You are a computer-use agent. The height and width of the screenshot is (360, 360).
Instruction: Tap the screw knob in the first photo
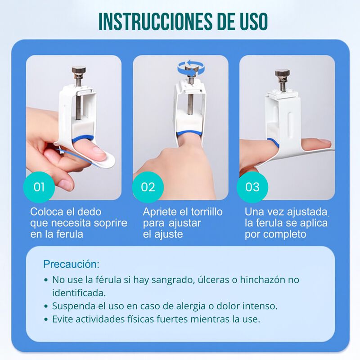pos(80,71)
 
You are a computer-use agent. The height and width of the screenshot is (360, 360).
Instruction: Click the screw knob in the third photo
pos(283,73)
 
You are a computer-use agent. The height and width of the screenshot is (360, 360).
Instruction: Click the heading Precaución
pos(71,264)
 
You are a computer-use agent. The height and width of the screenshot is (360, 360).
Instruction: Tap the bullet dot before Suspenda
pos(46,306)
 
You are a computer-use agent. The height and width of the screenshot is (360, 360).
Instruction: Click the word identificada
pos(79,292)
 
